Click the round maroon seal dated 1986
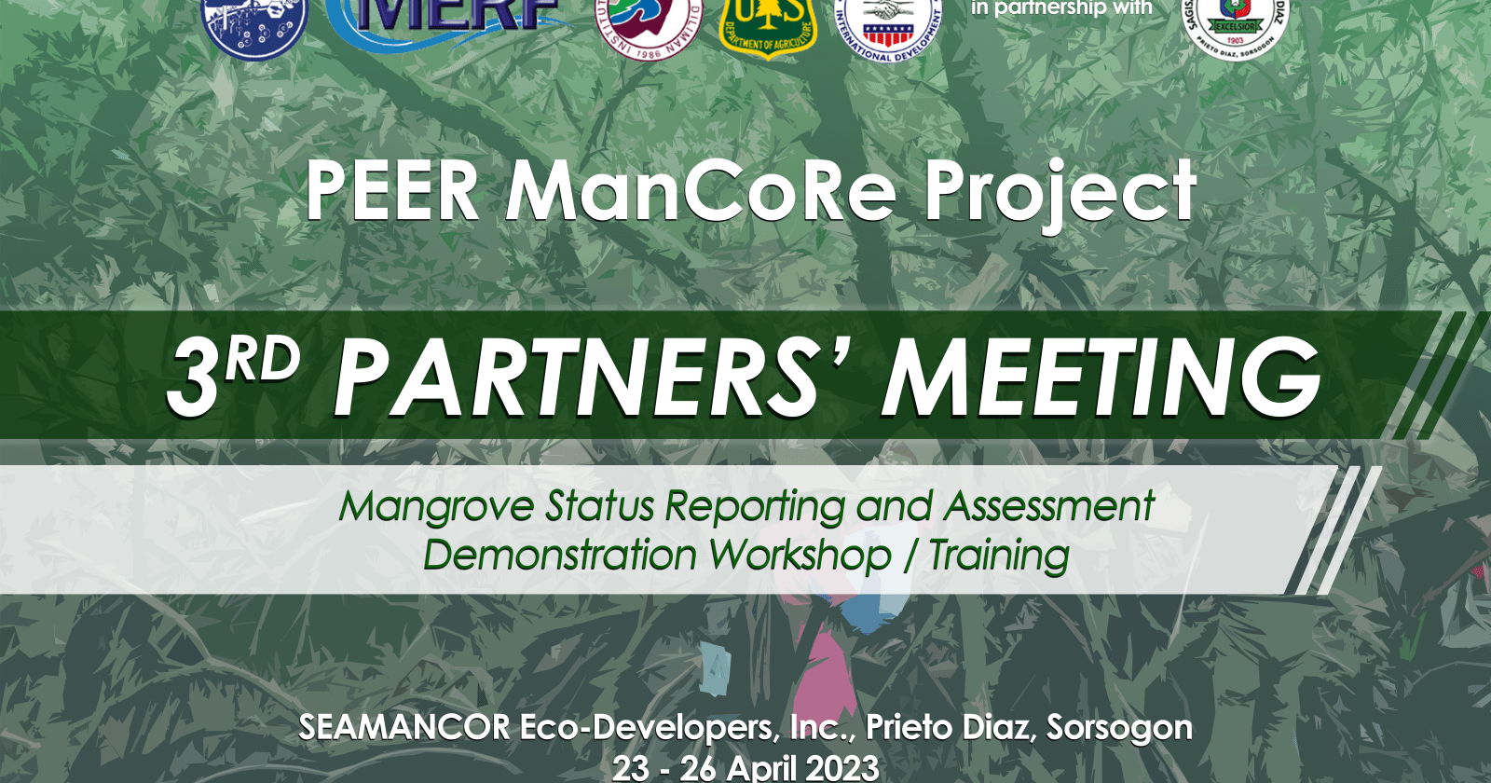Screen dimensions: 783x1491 coord(649,26)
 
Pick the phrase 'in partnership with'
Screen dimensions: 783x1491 coord(1061,8)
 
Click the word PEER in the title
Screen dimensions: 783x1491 coord(392,191)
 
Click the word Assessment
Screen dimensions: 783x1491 coord(1049,506)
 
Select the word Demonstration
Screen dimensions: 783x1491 coord(560,556)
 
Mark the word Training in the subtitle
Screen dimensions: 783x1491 coord(998,556)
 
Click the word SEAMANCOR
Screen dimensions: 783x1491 coord(404,727)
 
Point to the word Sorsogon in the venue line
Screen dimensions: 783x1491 coord(1119,727)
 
